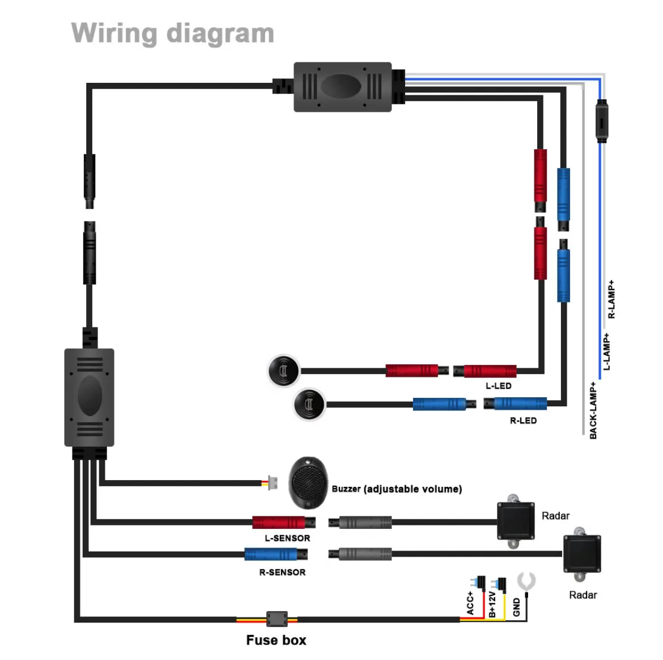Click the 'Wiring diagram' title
pos(173,33)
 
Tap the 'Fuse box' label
pos(276,640)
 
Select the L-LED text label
pos(498,386)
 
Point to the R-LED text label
pos(523,421)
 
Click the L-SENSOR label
pos(287,538)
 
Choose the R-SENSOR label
pos(282,572)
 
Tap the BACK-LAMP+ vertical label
pos(593,410)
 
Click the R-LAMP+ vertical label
pos(611,299)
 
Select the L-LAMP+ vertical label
pos(606,352)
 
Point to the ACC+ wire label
pos(470,603)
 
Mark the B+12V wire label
pos(492,604)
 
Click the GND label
pos(516,607)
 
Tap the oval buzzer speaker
pos(308,482)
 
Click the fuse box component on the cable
pos(277,619)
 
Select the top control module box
pos(342,87)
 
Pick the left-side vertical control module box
pos(89,397)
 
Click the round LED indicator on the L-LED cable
pos(283,371)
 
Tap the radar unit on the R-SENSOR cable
pos(581,554)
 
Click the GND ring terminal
pos(526,582)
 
